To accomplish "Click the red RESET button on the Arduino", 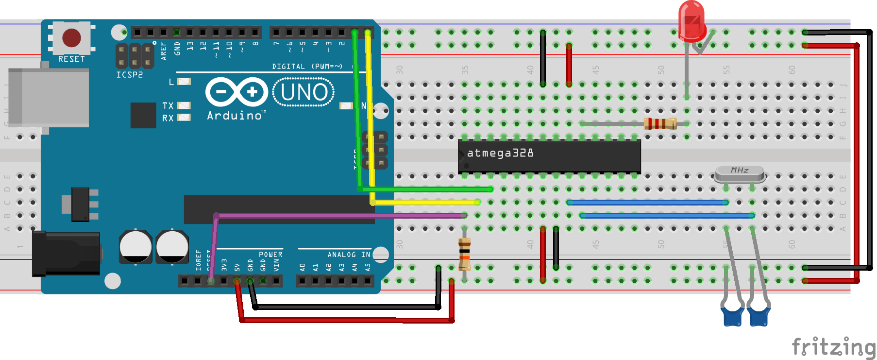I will (x=71, y=37).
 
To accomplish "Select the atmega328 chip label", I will (x=500, y=154).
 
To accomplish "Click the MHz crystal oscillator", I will (x=740, y=172).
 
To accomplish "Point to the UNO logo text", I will (x=304, y=92).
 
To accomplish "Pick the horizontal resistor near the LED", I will (x=660, y=124).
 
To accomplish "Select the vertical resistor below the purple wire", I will (x=465, y=254).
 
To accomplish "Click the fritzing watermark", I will (x=833, y=347).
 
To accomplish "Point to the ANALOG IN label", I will (x=349, y=255).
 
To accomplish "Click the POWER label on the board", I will (x=270, y=255).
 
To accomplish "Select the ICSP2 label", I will (x=130, y=75).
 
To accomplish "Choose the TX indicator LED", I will (x=184, y=105).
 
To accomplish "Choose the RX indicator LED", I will (x=184, y=117).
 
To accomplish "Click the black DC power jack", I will (x=67, y=254).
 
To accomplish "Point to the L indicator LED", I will (x=184, y=82).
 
